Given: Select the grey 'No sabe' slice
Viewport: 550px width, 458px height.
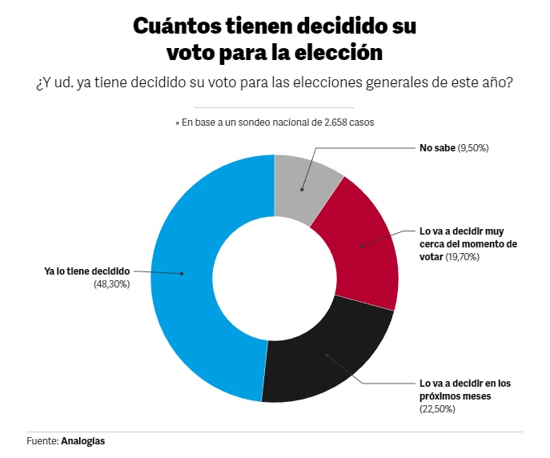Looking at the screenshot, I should pos(307,183).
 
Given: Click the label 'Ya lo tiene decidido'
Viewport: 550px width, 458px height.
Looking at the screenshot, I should pos(86,271).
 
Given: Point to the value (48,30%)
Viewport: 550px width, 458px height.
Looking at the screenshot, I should pos(111,283).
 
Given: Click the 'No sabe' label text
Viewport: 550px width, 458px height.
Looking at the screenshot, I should pos(437,148).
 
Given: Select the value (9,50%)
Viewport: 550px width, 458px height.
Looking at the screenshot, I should pos(473,148).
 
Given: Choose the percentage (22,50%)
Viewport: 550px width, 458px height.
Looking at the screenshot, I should pos(438,408).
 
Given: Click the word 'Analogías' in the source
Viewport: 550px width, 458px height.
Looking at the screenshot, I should pos(82,441).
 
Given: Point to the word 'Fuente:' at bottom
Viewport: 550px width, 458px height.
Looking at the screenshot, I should pos(42,441).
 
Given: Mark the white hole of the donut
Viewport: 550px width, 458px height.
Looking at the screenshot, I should pos(274,278).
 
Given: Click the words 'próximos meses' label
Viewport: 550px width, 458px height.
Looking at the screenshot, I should pos(455,396).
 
